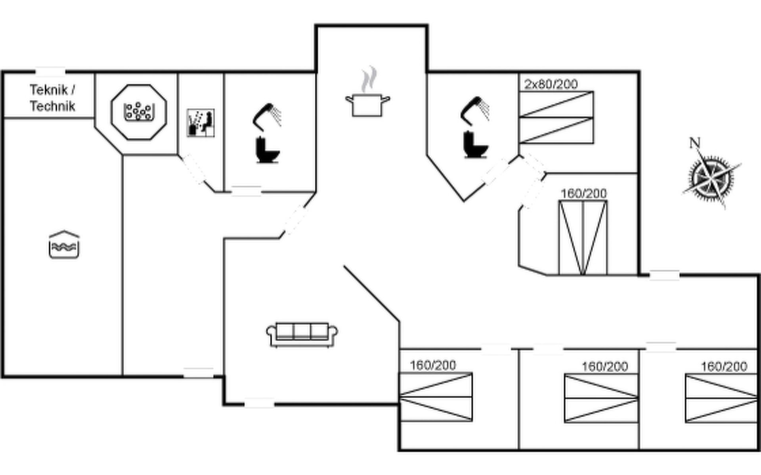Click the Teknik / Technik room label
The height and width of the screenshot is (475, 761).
52,98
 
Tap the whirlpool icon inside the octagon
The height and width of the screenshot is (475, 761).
138,112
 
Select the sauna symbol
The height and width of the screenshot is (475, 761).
201,123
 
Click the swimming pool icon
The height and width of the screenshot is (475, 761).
64,245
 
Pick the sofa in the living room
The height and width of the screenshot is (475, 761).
302,335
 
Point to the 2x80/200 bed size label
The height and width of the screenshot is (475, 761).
551,84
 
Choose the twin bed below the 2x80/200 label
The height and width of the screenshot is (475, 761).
556,117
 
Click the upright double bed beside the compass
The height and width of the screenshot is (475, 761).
583,237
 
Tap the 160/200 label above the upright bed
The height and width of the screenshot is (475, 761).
583,194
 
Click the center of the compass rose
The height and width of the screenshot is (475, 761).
711,177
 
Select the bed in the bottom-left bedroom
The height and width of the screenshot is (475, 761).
436,397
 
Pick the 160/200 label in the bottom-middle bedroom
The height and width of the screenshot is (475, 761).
605,367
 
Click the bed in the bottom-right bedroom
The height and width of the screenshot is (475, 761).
721,399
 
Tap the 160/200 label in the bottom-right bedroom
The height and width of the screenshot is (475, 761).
724,367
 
